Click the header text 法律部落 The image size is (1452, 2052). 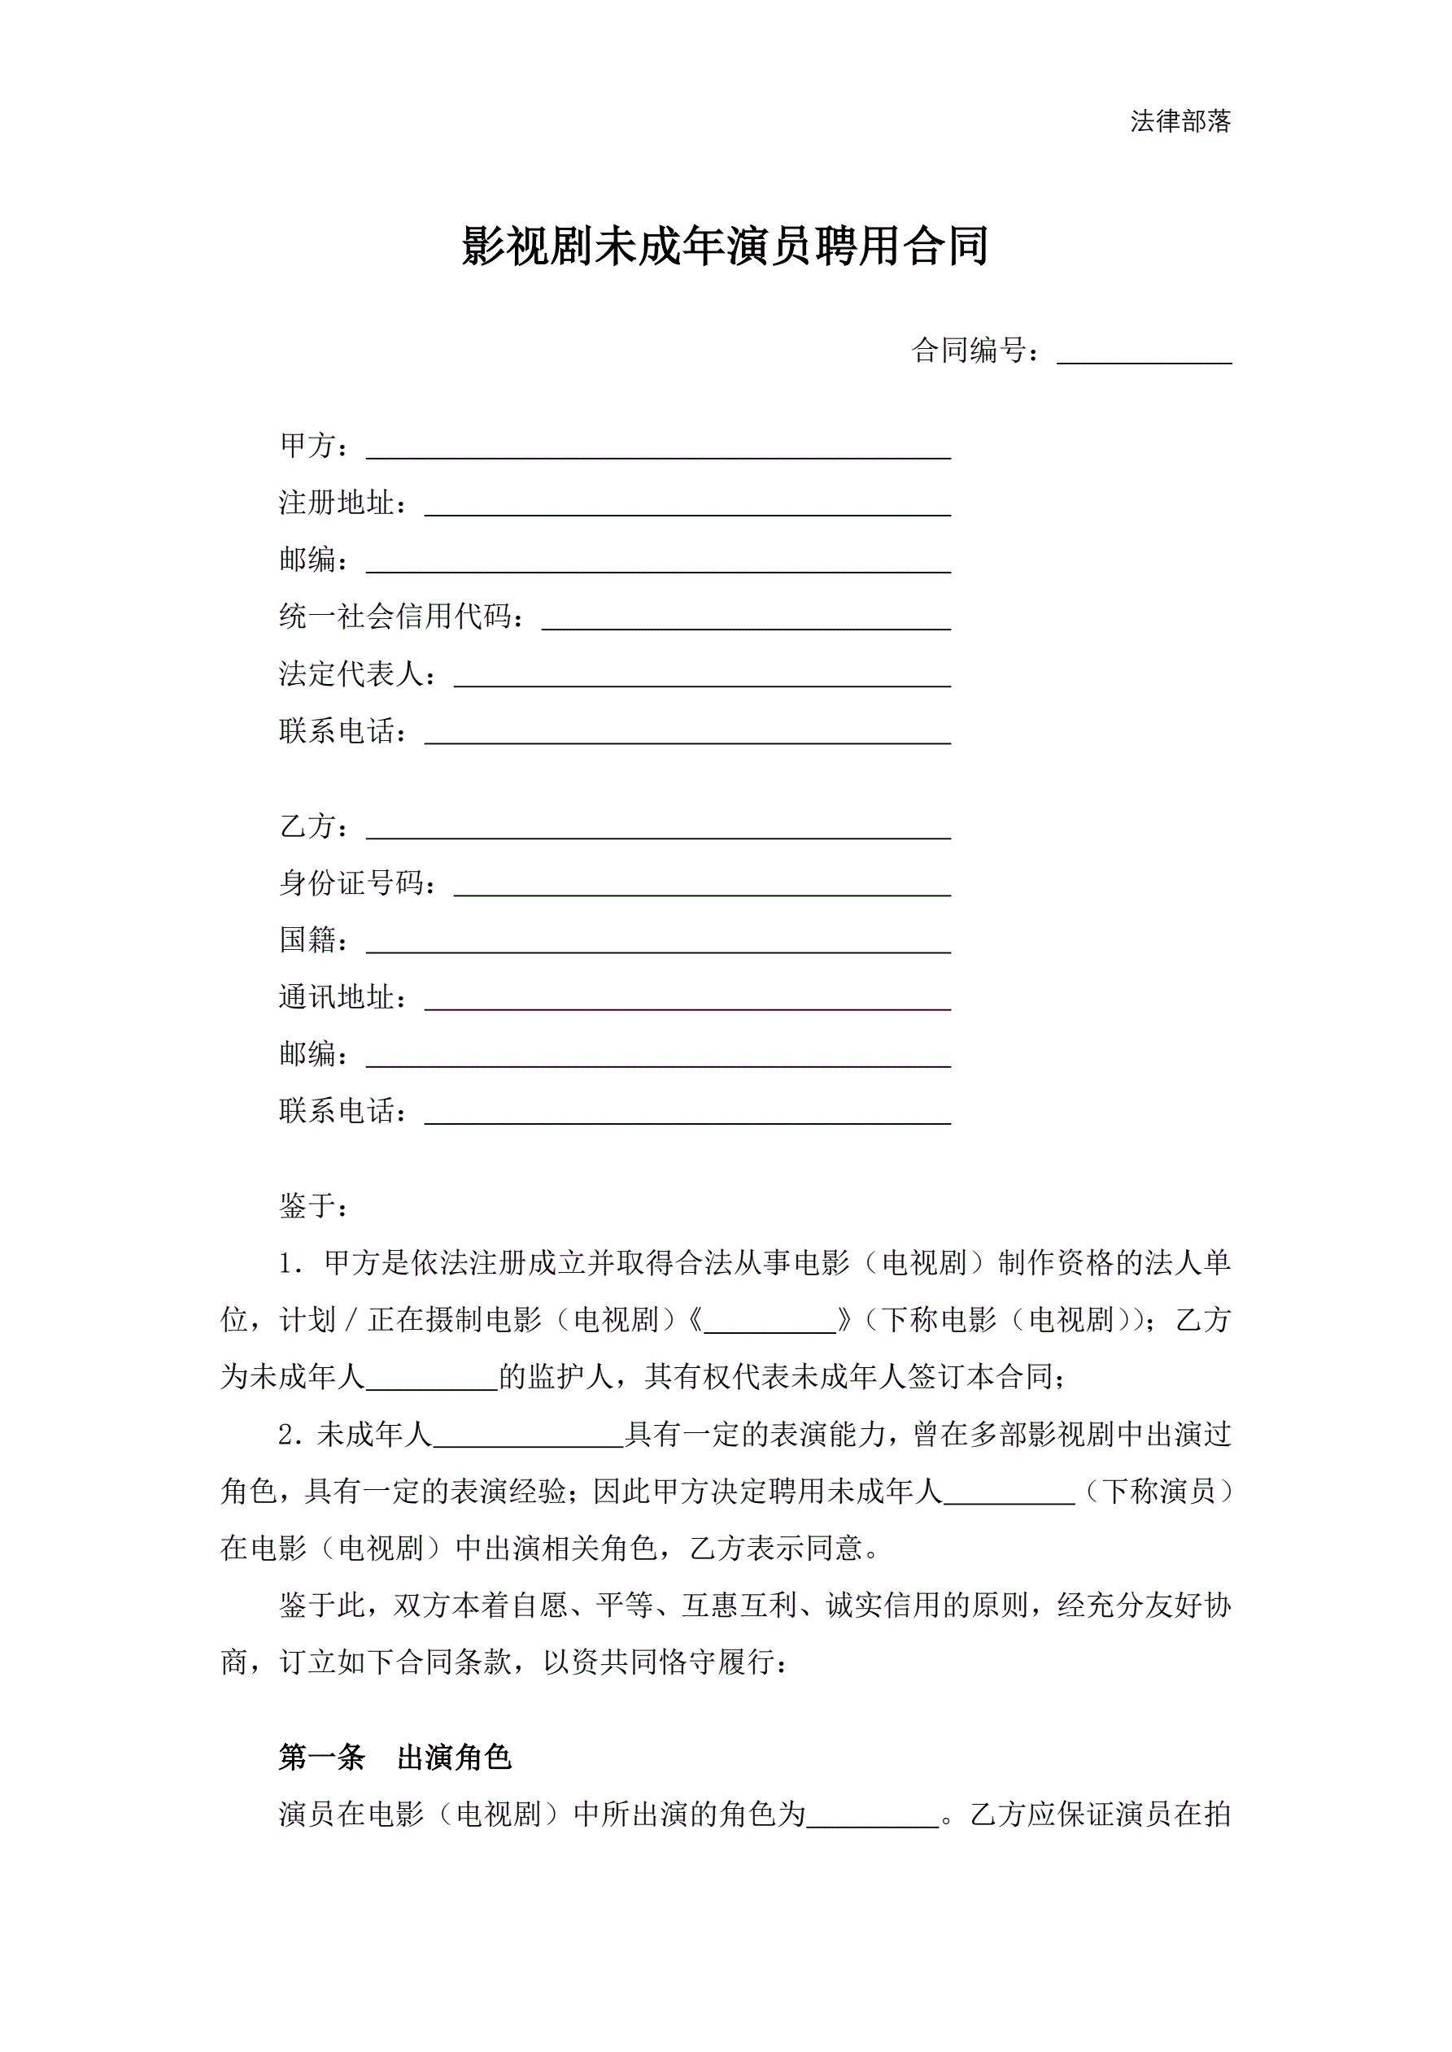(x=1180, y=121)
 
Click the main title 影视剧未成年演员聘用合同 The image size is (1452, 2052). (x=725, y=246)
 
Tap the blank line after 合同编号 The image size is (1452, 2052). (x=1144, y=355)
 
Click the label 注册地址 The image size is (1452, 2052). (x=337, y=503)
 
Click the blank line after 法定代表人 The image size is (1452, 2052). (x=702, y=677)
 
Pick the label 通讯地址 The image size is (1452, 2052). (x=337, y=997)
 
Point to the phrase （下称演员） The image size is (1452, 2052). (x=1158, y=1491)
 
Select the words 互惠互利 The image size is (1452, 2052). (x=739, y=1606)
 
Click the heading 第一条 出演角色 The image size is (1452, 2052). (x=395, y=1758)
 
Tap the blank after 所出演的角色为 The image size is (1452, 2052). (x=873, y=1815)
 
